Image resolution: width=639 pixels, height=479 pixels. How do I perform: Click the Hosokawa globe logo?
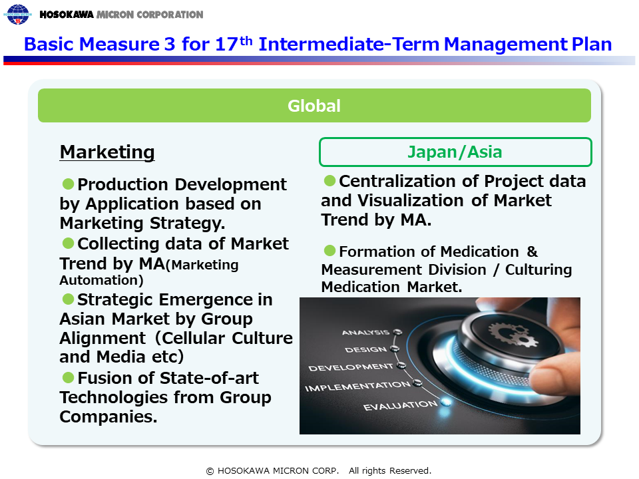[x=18, y=14]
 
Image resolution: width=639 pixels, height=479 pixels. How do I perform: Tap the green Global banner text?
[x=314, y=106]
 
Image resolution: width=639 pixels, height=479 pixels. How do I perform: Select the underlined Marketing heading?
[x=107, y=152]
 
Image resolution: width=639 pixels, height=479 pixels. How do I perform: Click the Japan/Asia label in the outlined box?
[x=455, y=152]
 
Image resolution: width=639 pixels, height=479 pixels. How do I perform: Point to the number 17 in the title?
[x=226, y=45]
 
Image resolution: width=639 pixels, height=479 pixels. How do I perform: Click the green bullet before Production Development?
[x=68, y=184]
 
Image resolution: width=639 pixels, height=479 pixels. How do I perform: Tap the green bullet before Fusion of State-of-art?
[x=68, y=377]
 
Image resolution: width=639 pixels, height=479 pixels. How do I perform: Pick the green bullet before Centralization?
[x=329, y=180]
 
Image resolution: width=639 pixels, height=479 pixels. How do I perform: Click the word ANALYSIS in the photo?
[x=365, y=333]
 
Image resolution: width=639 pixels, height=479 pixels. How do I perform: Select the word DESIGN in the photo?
[x=365, y=349]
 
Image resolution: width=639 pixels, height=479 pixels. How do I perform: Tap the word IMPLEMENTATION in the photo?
[x=357, y=386]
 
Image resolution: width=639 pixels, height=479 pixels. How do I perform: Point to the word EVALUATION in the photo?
[x=400, y=405]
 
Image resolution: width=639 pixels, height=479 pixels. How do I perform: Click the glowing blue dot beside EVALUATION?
[x=446, y=402]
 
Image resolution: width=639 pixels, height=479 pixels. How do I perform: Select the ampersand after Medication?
[x=532, y=251]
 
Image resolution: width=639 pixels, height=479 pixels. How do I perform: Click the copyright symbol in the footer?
[x=210, y=471]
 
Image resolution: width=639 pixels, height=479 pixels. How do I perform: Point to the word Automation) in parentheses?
[x=101, y=280]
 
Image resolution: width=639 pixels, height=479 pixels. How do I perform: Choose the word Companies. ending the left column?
[x=108, y=416]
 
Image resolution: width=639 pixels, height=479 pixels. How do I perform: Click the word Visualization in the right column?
[x=411, y=200]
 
